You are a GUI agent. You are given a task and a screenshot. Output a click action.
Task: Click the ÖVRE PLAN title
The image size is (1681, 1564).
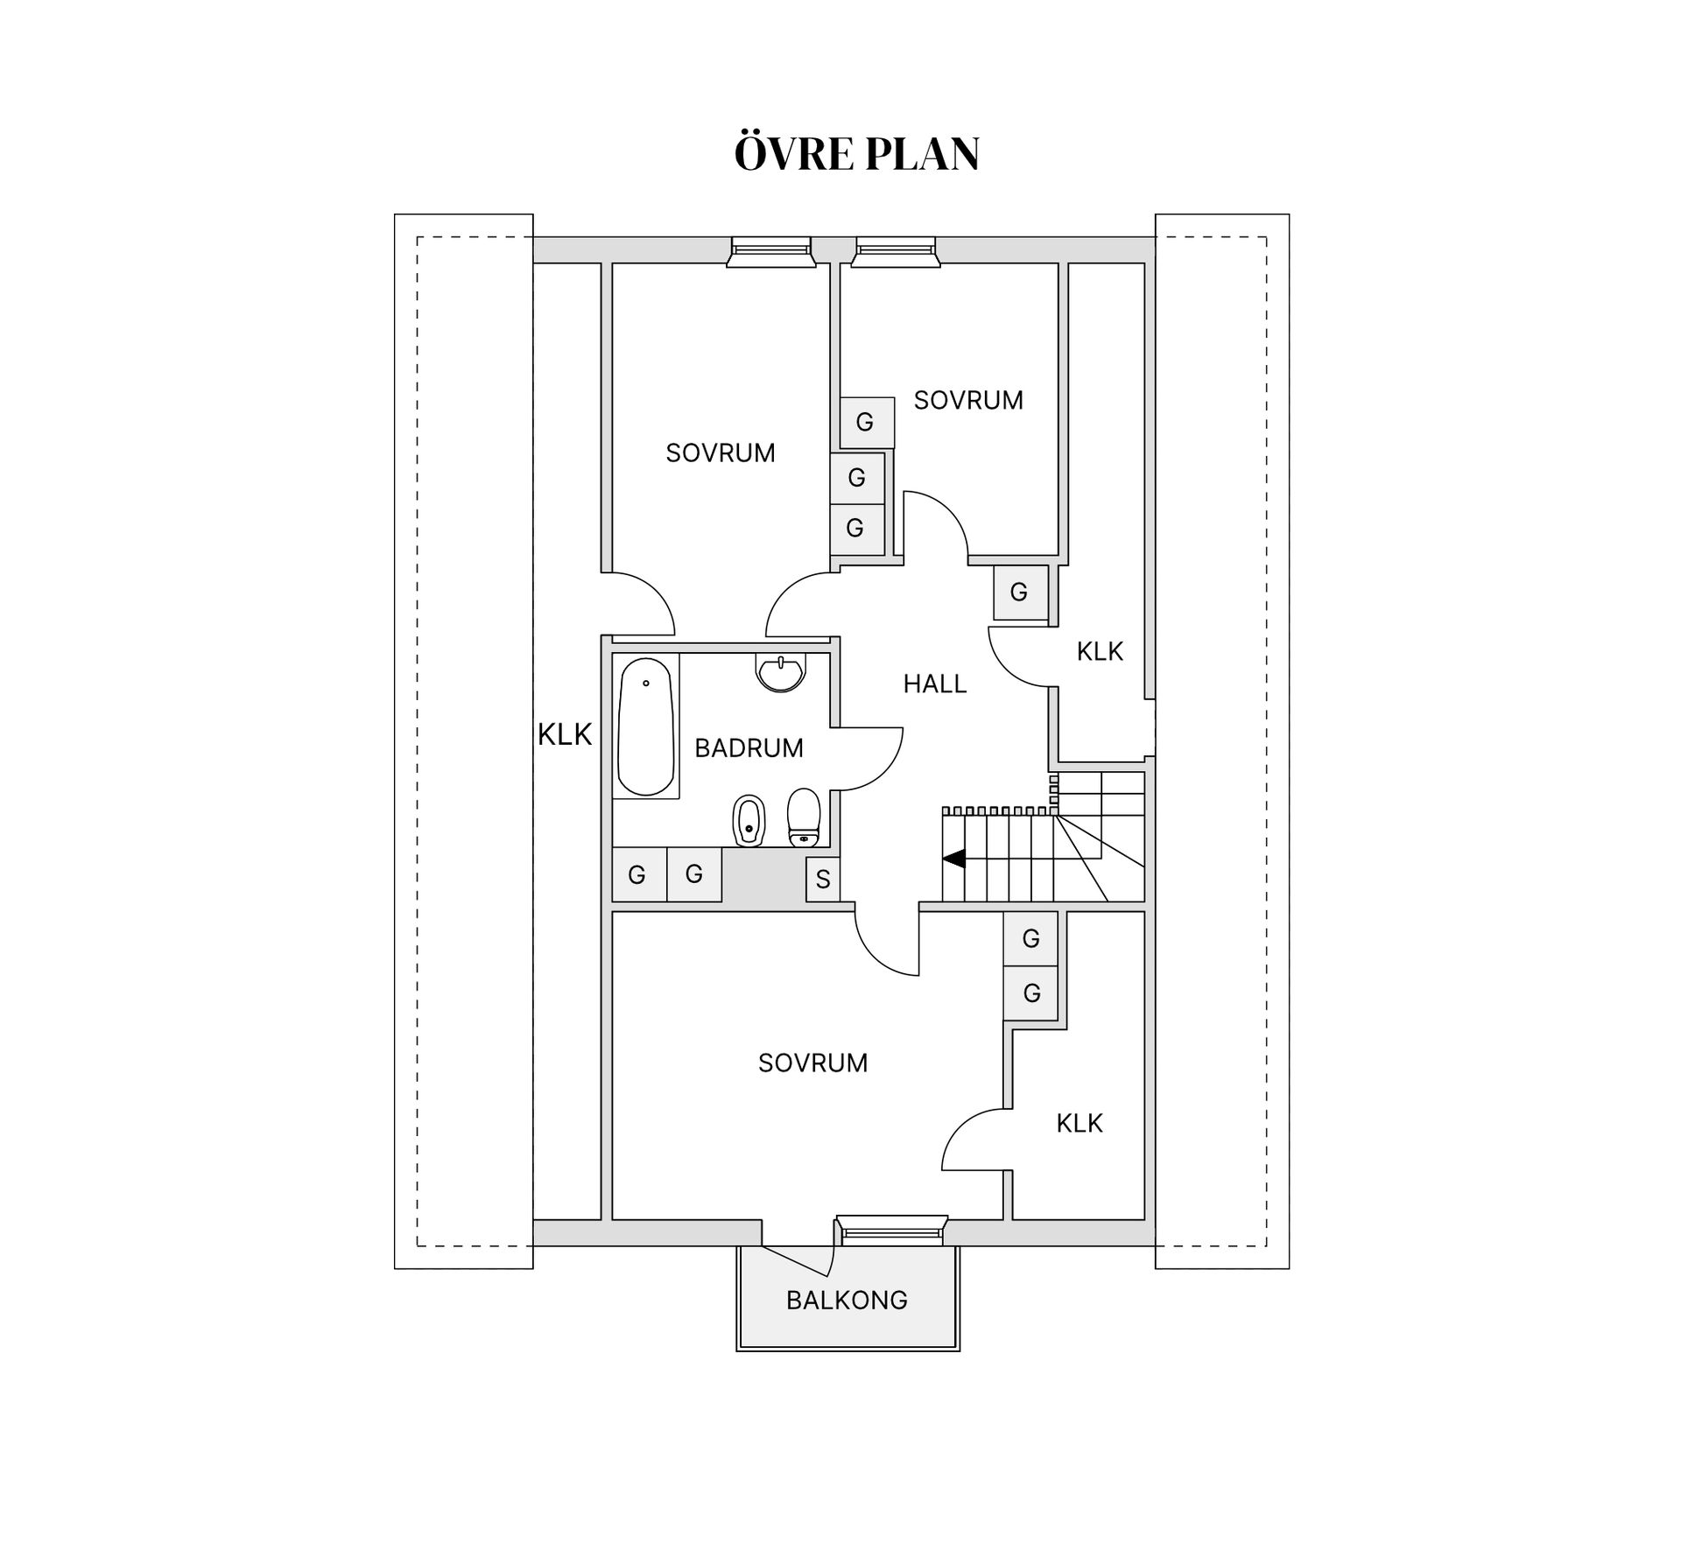pyautogui.click(x=856, y=154)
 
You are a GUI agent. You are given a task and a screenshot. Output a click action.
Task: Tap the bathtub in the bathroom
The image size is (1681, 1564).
pyautogui.click(x=646, y=726)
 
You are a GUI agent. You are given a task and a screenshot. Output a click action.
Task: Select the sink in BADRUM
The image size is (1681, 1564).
pyautogui.click(x=779, y=674)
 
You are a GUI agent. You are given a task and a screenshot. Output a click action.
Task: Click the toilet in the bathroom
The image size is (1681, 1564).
pyautogui.click(x=804, y=818)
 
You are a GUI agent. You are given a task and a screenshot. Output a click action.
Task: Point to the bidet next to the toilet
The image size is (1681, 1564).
pyautogui.click(x=748, y=821)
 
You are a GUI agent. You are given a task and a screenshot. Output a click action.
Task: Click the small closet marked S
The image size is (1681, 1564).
pyautogui.click(x=822, y=879)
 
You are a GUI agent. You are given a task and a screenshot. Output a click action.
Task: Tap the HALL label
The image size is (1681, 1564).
pyautogui.click(x=934, y=684)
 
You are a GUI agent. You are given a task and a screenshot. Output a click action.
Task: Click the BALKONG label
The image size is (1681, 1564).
pyautogui.click(x=847, y=1301)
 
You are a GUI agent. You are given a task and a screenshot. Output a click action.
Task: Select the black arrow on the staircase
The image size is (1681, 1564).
pyautogui.click(x=953, y=859)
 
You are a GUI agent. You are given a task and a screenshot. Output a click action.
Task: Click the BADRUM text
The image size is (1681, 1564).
pyautogui.click(x=749, y=748)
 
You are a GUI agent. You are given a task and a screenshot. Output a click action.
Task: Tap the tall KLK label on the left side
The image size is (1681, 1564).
pyautogui.click(x=565, y=734)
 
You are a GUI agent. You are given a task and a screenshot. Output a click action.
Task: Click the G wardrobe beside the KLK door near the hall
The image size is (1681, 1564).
pyautogui.click(x=1020, y=593)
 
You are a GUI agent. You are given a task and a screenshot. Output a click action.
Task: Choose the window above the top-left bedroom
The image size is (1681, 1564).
pyautogui.click(x=771, y=251)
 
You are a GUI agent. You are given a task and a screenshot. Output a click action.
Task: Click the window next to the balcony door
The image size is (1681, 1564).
pyautogui.click(x=891, y=1231)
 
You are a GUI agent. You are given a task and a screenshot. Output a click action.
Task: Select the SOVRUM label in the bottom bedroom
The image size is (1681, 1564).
pyautogui.click(x=812, y=1063)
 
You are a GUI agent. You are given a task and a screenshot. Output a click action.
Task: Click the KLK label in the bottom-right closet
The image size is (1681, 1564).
pyautogui.click(x=1079, y=1123)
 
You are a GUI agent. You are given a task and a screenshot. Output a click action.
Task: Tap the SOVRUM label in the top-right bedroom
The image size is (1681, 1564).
pyautogui.click(x=968, y=400)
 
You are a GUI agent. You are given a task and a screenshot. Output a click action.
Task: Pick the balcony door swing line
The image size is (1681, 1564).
pyautogui.click(x=797, y=1260)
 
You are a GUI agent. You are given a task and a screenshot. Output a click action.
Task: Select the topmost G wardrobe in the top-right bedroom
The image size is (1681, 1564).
pyautogui.click(x=866, y=422)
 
